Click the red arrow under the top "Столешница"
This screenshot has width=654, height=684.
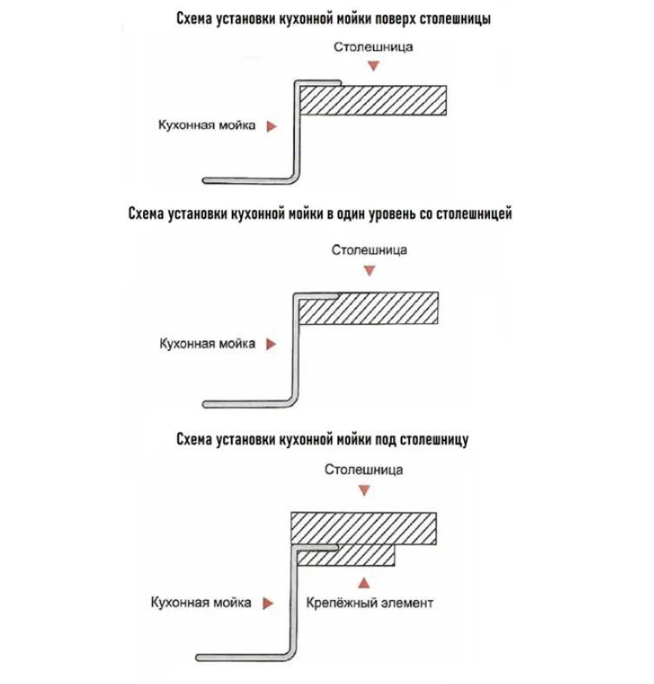[374, 68]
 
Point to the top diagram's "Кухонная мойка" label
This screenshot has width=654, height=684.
[206, 126]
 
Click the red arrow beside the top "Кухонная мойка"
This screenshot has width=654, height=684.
[271, 126]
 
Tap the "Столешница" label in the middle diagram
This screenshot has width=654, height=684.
[370, 251]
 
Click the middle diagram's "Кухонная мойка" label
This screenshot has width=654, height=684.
[206, 344]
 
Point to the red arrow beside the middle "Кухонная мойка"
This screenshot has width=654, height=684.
[271, 344]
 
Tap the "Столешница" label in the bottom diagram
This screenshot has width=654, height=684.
[364, 470]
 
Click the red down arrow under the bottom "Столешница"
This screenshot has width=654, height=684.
[365, 491]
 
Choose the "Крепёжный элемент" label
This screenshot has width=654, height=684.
[370, 603]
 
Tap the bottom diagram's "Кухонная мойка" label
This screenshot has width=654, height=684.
[201, 603]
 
